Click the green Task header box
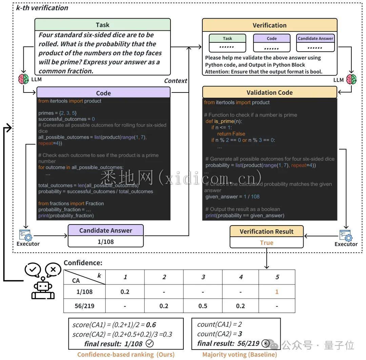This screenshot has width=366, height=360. click(102, 25)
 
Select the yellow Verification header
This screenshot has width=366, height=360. click(269, 25)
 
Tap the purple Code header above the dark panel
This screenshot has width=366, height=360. click(103, 93)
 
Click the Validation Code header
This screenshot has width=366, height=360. click(269, 92)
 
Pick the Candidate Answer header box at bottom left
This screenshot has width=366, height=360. click(106, 230)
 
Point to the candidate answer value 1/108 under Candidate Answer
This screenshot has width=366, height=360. click(106, 241)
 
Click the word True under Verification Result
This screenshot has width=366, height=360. click(266, 242)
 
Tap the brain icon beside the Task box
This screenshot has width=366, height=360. click(24, 79)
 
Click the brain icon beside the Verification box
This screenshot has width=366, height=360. click(351, 79)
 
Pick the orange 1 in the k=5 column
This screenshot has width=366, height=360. click(277, 292)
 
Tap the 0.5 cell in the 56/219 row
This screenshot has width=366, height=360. click(203, 306)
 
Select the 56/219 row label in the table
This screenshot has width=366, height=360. click(85, 306)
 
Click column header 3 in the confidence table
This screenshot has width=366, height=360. click(203, 277)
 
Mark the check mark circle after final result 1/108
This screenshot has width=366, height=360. click(149, 343)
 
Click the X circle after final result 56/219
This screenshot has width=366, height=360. click(266, 343)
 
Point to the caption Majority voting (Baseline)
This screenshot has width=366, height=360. click(240, 355)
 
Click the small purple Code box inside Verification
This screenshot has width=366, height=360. click(272, 39)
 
